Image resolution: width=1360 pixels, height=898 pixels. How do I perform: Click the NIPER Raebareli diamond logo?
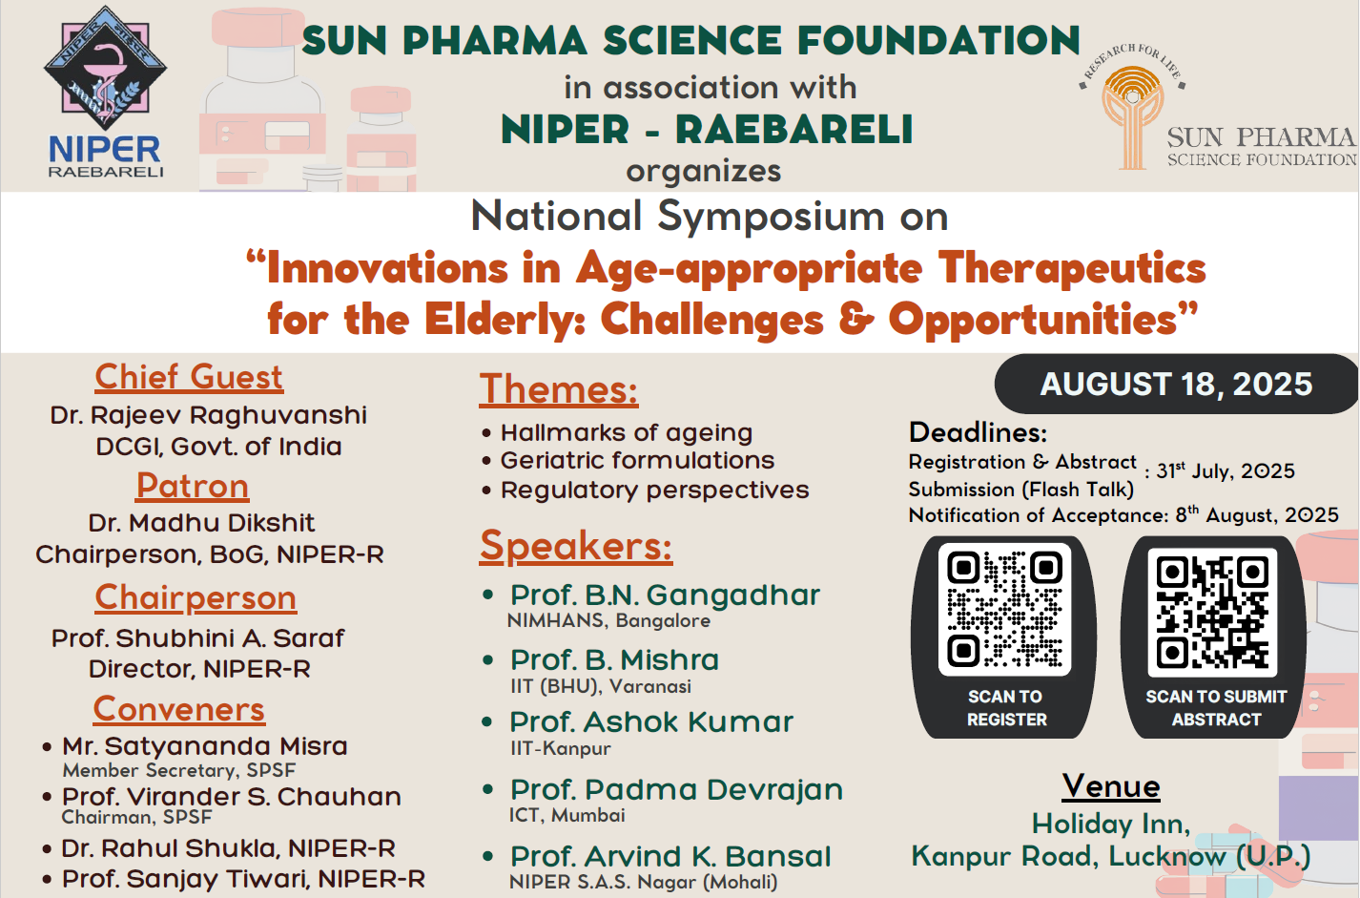coord(105,68)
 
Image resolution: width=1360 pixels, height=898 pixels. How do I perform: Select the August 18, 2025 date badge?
coord(1176,384)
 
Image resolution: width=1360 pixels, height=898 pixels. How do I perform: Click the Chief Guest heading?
coord(189,377)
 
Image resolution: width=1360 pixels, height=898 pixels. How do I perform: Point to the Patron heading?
coord(193,486)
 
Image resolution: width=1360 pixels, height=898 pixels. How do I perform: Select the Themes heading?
coord(559,388)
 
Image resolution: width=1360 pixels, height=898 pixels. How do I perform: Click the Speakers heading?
coord(576,546)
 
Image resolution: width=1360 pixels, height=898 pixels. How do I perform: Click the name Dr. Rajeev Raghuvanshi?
coord(208,415)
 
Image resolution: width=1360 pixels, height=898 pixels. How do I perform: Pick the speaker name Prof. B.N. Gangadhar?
coord(665,595)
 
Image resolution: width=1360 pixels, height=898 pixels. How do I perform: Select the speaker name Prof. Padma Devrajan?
coord(676,790)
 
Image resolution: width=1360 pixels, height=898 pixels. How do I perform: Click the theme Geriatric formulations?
coord(637,461)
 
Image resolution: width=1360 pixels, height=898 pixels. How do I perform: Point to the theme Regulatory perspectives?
coord(654,491)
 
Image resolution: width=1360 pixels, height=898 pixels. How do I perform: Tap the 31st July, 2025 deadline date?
coord(1226,470)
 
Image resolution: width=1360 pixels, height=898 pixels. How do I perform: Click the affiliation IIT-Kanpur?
coord(561,748)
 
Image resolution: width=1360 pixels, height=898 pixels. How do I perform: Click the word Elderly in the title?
coord(504,320)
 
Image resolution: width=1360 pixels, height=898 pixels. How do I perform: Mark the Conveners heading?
coord(179,710)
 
